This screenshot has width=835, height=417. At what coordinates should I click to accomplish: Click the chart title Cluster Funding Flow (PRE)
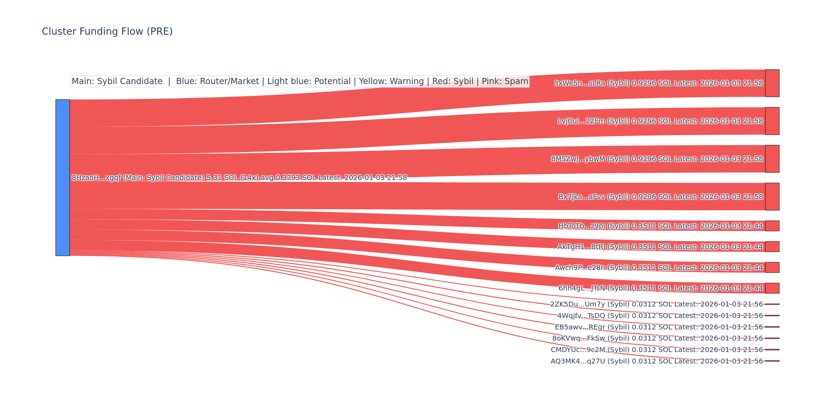[x=107, y=32]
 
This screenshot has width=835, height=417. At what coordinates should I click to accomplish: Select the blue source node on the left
[x=63, y=178]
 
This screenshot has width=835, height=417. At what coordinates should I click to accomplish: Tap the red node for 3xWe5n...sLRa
[x=772, y=83]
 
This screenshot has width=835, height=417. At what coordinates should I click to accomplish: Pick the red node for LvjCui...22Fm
[x=772, y=121]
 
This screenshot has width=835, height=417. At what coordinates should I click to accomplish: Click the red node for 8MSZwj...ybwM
[x=772, y=159]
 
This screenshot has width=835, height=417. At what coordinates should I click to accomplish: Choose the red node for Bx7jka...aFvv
[x=772, y=197]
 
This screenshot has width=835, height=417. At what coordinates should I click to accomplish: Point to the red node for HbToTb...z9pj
[x=772, y=226]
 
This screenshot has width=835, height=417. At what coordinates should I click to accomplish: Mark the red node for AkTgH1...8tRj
[x=772, y=247]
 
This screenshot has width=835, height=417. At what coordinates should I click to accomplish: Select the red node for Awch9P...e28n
[x=772, y=268]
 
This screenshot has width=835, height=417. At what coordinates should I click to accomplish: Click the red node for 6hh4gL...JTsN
[x=772, y=288]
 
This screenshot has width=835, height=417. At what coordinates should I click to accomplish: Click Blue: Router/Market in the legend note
[x=217, y=81]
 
